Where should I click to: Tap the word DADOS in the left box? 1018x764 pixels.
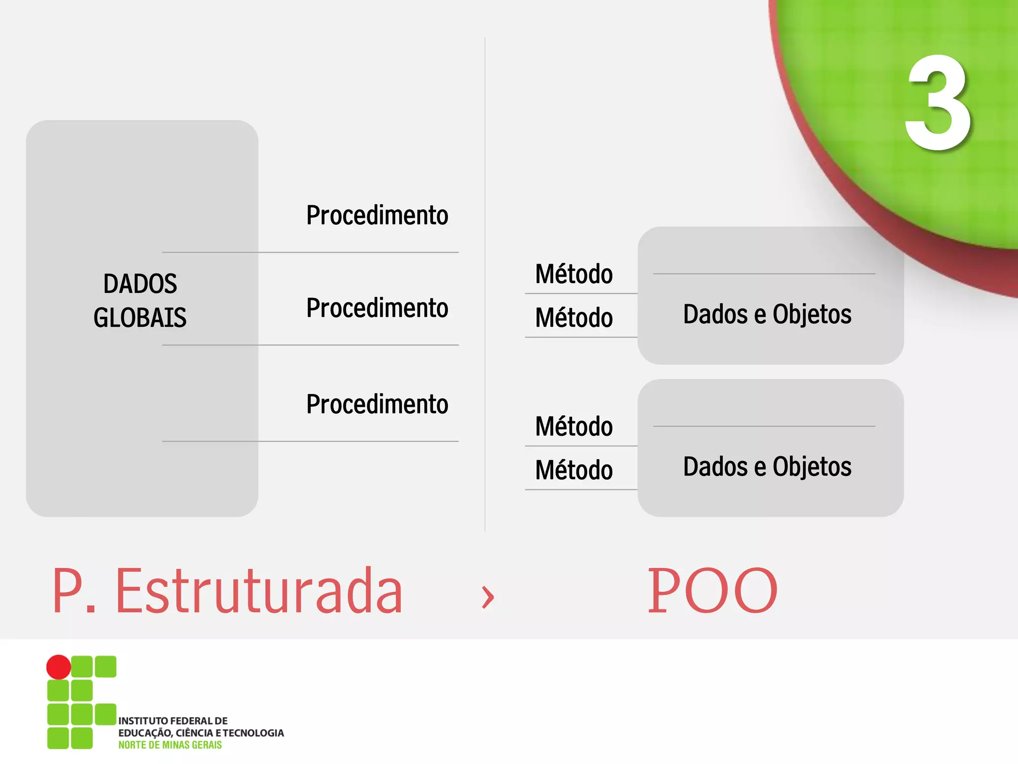140,284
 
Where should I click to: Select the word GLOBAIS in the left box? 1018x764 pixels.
140,317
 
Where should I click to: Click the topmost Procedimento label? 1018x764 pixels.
377,215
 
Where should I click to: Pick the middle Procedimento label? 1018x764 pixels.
377,308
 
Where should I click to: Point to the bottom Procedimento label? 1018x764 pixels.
377,404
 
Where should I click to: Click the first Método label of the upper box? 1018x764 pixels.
574,274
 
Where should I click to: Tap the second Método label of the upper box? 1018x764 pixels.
574,318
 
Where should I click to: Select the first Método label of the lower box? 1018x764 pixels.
574,426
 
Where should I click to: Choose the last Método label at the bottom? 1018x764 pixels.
574,470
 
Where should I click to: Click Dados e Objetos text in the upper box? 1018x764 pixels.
767,314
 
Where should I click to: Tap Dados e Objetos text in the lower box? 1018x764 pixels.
767,467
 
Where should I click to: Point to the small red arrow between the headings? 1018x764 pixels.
488,596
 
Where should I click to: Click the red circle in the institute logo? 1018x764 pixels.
59,667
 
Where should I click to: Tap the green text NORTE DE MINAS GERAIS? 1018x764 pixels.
170,745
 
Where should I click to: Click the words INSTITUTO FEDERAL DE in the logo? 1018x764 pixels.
173,721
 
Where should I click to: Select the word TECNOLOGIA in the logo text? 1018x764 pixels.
254,733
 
